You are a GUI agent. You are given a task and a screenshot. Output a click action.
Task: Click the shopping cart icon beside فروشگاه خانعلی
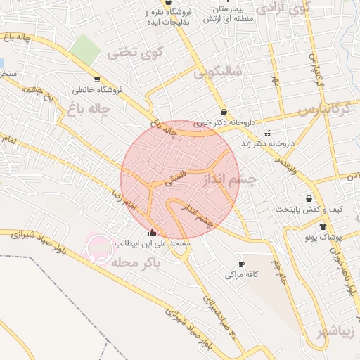[96, 79]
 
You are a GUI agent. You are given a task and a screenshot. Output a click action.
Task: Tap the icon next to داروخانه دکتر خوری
[224, 112]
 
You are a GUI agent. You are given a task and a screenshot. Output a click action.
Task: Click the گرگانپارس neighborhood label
[323, 110]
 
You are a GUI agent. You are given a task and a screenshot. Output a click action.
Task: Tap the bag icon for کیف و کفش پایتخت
[309, 198]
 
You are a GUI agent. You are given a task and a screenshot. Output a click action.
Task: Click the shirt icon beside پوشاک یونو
[323, 226]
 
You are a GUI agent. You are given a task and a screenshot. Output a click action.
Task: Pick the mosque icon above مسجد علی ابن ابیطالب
[152, 233]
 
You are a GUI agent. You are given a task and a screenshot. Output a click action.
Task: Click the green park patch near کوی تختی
[86, 48]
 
